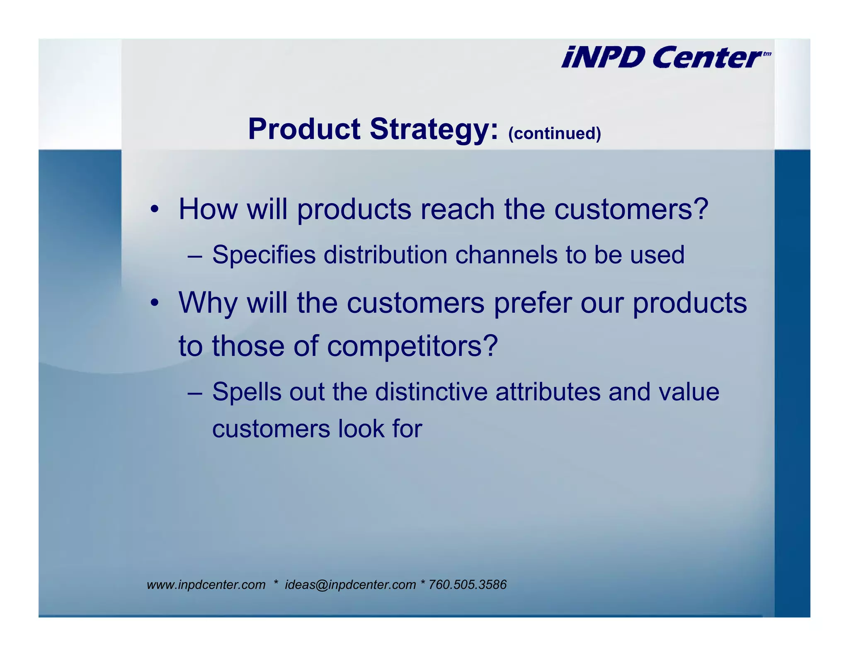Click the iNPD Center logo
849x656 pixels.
pos(665,57)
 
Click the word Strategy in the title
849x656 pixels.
pos(434,129)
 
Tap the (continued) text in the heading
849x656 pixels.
pos(554,134)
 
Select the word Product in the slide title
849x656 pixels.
pos(304,129)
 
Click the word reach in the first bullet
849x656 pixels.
pos(457,209)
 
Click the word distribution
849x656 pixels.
pos(385,255)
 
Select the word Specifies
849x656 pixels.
pos(264,255)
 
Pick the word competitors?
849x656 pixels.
pos(412,346)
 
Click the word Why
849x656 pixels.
pos(208,304)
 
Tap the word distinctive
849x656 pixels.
pos(431,392)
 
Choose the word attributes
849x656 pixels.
pos(548,392)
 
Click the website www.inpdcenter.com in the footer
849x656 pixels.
pos(206,585)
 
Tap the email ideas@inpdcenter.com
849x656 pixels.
pos(350,585)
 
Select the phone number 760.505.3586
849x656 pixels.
pos(467,585)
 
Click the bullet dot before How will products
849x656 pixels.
pos(154,209)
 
